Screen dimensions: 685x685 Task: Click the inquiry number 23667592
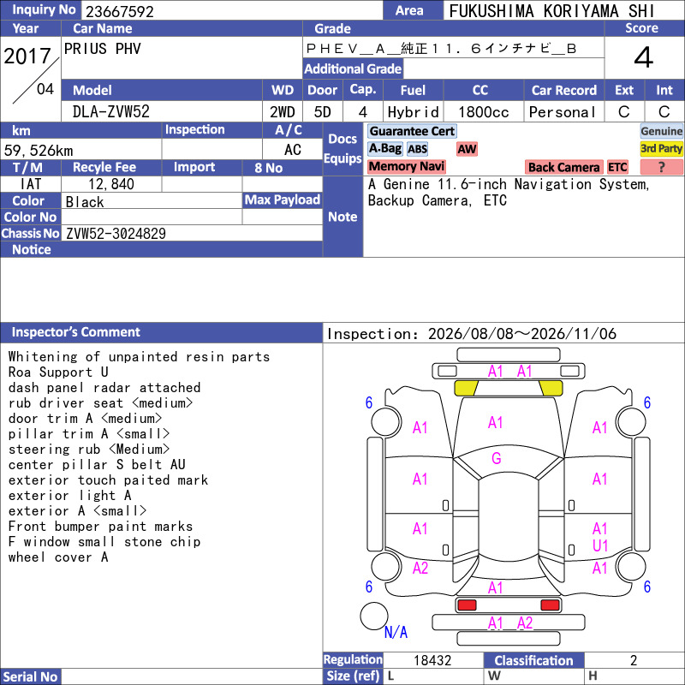tap(120, 11)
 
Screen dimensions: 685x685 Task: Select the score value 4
tap(644, 57)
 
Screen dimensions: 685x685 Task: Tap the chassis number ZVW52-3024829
tap(116, 233)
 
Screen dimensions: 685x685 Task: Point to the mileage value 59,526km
tap(39, 151)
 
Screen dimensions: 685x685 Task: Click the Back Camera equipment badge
tap(563, 167)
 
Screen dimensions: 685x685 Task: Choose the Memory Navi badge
tap(406, 166)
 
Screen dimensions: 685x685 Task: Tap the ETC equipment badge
tap(617, 167)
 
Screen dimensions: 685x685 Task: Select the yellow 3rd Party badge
tap(661, 148)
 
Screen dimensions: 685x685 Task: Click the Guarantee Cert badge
tap(412, 131)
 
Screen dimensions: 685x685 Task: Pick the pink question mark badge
tap(661, 167)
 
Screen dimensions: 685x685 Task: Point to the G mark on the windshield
tap(497, 458)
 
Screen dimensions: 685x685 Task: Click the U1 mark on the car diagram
tap(600, 545)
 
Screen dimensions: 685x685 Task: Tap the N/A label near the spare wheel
tap(396, 632)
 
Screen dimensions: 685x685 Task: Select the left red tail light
tap(467, 605)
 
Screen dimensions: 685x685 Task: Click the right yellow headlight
tap(551, 388)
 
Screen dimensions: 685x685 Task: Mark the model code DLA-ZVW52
tap(111, 112)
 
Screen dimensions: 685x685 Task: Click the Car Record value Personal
tap(563, 112)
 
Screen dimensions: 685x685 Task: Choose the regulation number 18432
tap(432, 660)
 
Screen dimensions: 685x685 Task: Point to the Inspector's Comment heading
tap(75, 332)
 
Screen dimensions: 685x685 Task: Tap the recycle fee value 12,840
tap(111, 184)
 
